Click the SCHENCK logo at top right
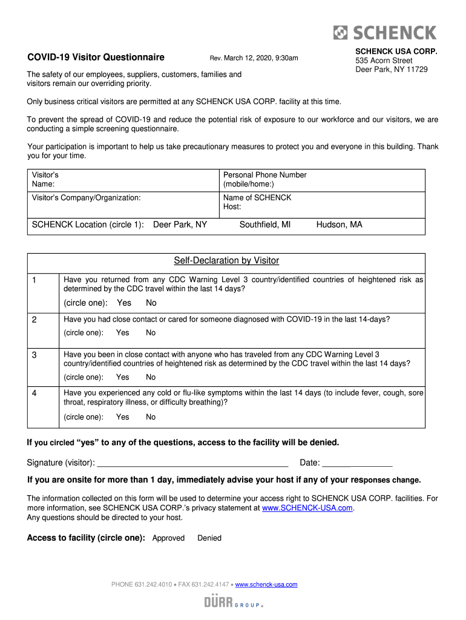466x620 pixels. (x=386, y=32)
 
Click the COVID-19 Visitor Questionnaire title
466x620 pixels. (x=96, y=58)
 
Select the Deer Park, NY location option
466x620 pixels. (x=180, y=225)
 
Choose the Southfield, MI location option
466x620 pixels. (x=265, y=225)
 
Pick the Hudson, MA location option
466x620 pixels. (x=339, y=225)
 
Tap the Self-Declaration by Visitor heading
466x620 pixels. (x=226, y=261)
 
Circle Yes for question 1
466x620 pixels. (x=124, y=303)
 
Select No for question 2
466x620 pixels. (x=151, y=332)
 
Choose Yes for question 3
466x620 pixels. (x=123, y=377)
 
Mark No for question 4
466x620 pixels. (x=151, y=417)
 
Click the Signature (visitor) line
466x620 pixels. (x=192, y=463)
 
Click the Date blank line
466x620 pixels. (x=357, y=463)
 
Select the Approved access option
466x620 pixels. (x=168, y=538)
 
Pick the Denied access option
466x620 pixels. (x=209, y=538)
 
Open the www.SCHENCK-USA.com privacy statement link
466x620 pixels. (x=307, y=508)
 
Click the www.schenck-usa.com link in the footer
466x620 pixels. (x=266, y=584)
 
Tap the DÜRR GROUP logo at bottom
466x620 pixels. (x=234, y=602)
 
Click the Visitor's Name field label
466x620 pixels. (x=45, y=179)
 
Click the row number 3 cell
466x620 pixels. (x=35, y=355)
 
